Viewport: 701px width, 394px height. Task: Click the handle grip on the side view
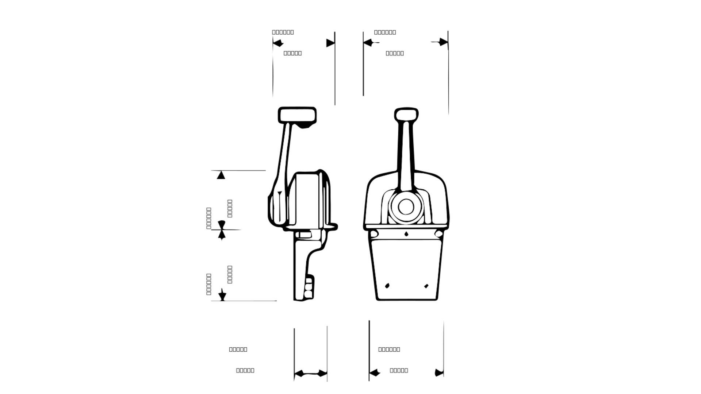click(x=297, y=116)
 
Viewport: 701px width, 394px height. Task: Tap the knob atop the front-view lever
click(x=406, y=114)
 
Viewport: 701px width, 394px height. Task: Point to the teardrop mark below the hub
click(x=406, y=234)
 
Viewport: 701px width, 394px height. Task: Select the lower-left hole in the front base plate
click(x=387, y=286)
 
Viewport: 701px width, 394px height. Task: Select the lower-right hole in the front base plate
click(x=426, y=286)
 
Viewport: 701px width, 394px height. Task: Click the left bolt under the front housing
click(x=374, y=233)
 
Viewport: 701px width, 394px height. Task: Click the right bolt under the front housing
click(x=439, y=233)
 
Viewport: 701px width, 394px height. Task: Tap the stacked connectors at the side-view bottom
click(x=309, y=288)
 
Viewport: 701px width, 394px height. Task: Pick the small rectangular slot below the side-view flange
click(x=303, y=234)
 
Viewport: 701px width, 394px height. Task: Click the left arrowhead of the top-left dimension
click(x=278, y=43)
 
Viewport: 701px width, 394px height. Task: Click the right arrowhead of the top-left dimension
click(x=330, y=43)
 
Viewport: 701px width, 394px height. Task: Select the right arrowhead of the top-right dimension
click(x=443, y=42)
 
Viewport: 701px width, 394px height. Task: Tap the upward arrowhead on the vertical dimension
click(x=221, y=175)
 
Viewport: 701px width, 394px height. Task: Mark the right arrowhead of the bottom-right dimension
click(x=439, y=373)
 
